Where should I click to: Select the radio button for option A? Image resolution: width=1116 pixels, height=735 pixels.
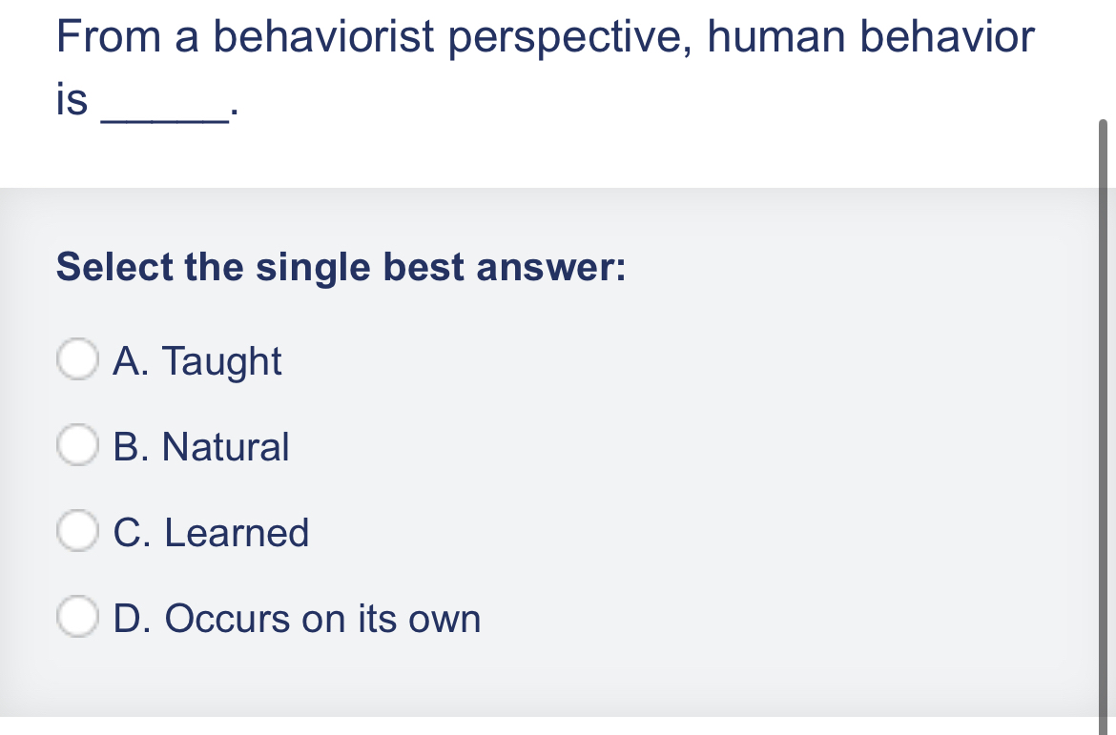(77, 359)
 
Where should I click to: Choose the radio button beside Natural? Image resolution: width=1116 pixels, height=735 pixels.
(77, 445)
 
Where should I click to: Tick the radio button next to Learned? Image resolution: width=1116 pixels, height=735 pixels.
(77, 531)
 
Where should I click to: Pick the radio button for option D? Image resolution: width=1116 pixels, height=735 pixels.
(77, 616)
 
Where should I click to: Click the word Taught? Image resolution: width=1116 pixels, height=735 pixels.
(222, 361)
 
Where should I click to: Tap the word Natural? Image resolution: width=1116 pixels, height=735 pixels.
(226, 447)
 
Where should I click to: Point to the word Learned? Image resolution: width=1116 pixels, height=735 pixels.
(237, 532)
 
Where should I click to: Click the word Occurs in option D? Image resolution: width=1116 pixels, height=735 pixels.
(227, 619)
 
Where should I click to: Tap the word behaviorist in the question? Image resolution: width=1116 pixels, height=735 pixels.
(324, 36)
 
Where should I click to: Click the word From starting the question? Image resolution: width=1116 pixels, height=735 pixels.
(109, 37)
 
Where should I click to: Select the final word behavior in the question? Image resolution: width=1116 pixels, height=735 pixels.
(947, 36)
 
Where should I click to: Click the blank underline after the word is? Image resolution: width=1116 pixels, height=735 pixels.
(166, 121)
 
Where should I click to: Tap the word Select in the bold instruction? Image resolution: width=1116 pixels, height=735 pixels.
(114, 267)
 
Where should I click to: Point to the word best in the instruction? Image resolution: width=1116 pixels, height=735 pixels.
(424, 267)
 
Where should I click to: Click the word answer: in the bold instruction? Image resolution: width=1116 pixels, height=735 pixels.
(551, 268)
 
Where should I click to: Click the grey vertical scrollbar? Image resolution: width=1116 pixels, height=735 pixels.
(1104, 419)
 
